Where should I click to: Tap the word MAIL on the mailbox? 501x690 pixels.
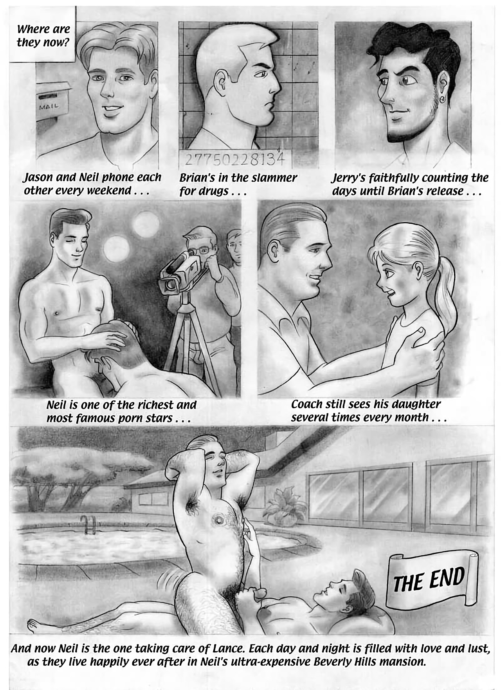49,106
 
